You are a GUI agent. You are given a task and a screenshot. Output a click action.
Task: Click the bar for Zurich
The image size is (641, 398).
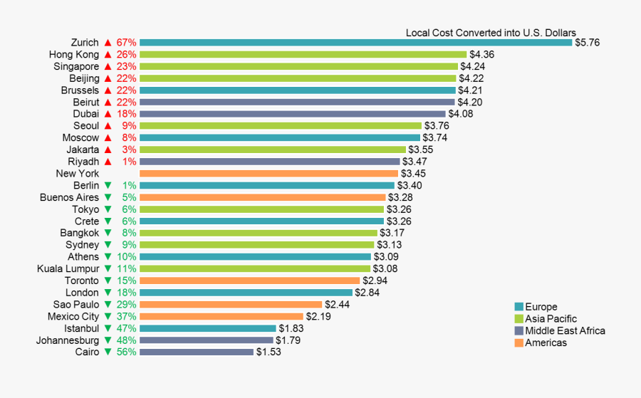click(355, 43)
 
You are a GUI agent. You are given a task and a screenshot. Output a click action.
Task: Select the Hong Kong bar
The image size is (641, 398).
click(303, 54)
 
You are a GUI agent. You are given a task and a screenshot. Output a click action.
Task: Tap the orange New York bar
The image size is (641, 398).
click(269, 174)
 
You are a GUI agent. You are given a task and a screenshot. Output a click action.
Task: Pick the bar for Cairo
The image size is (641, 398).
click(197, 352)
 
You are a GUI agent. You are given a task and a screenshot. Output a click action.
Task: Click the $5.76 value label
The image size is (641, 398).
click(588, 43)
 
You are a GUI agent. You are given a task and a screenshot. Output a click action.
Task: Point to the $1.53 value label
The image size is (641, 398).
click(269, 352)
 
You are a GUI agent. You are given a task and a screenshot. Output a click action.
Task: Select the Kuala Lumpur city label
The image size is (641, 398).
click(68, 268)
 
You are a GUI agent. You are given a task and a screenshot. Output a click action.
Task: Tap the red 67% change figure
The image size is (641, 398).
click(126, 43)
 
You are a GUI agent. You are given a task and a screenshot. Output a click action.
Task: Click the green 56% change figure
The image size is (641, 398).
click(126, 352)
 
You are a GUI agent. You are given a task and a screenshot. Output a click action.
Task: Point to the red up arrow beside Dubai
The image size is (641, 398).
click(108, 114)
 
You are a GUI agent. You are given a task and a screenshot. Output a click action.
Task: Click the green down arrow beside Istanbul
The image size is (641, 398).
click(108, 328)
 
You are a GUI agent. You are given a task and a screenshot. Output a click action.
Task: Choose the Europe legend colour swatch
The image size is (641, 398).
click(518, 307)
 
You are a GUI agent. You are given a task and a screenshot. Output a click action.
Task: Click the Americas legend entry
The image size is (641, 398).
click(546, 343)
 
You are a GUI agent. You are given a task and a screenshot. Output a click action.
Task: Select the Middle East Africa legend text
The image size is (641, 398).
click(565, 331)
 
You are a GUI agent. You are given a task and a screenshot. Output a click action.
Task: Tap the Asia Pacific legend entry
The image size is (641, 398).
click(551, 319)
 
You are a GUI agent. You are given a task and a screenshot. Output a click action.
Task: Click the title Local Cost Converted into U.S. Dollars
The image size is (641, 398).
click(491, 32)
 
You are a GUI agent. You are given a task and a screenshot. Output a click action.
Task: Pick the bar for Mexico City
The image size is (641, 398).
click(222, 316)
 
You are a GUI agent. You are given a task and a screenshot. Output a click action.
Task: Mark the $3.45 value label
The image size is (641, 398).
click(413, 174)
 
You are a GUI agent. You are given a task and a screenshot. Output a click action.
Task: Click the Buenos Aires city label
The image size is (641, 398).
click(69, 197)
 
